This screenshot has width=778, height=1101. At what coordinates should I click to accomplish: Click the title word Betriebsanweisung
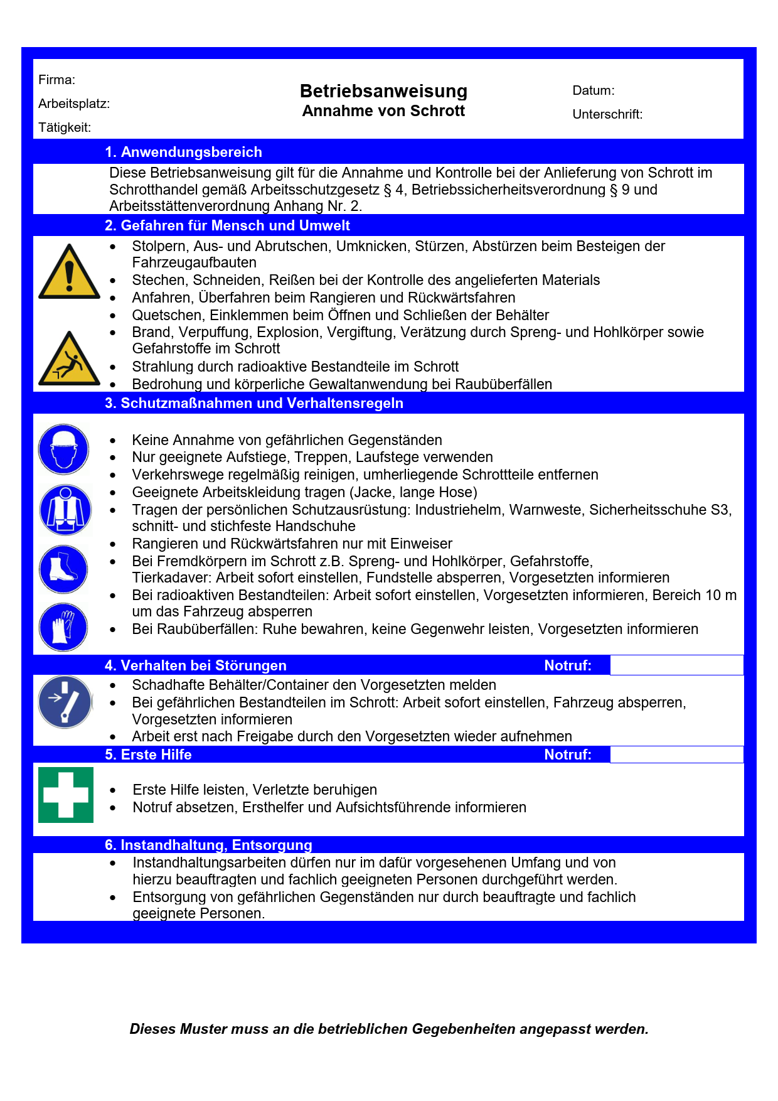point(383,91)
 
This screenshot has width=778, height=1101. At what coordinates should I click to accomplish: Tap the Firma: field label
point(56,80)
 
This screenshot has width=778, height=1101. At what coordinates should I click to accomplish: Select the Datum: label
point(593,90)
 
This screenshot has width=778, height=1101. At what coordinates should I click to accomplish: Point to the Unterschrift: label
point(607,114)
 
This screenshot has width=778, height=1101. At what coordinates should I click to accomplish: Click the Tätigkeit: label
point(64,127)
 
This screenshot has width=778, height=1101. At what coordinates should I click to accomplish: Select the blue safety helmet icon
point(63,449)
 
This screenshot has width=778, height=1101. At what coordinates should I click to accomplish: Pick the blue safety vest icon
point(65,509)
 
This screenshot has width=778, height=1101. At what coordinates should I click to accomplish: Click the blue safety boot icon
point(63,569)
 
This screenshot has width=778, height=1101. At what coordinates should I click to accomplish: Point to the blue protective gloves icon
point(63,626)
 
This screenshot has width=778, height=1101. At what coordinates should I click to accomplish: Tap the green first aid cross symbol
point(66,795)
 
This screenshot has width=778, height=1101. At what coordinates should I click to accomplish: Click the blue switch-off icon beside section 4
point(65,702)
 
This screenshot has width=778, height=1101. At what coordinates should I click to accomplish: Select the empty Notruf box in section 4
point(676,665)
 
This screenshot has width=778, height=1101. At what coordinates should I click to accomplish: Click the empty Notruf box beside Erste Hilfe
point(676,755)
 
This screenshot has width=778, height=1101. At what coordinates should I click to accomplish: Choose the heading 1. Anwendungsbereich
point(183,152)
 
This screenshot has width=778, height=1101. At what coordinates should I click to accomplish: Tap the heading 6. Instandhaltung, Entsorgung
point(208,845)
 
